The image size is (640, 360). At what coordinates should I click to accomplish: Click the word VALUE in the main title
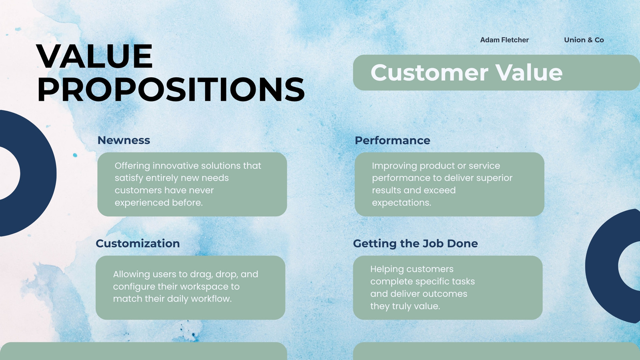pos(94,56)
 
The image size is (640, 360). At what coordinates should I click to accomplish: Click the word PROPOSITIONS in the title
pos(171,90)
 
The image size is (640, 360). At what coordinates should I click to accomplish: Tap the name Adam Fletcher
pos(504,40)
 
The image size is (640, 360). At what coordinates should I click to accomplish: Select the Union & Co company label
pos(584,40)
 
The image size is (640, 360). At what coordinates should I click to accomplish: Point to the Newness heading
pos(124,140)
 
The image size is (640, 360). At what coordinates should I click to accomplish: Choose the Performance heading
pos(392,140)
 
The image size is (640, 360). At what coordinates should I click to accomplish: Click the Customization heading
pos(138,244)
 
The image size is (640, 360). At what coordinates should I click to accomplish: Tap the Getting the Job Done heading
pos(416,244)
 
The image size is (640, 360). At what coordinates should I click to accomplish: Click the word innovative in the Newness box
pos(176,166)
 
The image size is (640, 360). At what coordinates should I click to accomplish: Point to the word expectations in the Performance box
pos(402,203)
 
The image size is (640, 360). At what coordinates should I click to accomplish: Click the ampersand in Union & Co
pos(590,40)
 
